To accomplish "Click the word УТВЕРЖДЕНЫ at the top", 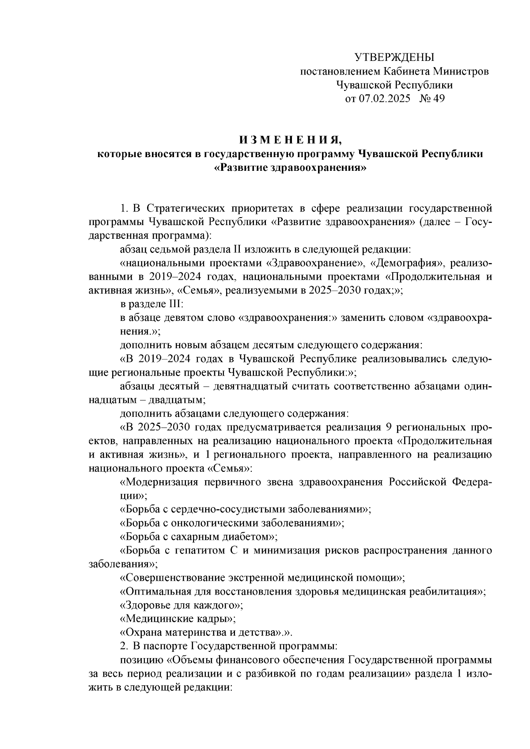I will click(394, 57).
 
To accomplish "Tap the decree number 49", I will click(439, 98).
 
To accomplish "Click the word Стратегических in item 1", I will click(182, 208).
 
